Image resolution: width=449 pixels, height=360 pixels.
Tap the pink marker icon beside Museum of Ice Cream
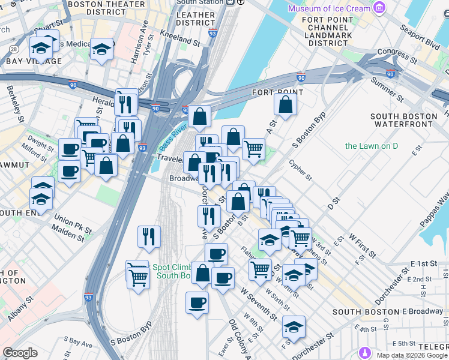pyautogui.click(x=379, y=8)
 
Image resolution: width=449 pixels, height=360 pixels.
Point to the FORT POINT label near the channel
pyautogui.click(x=277, y=92)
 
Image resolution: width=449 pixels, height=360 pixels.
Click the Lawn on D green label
pyautogui.click(x=372, y=146)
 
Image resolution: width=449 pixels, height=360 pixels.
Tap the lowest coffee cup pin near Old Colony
pyautogui.click(x=196, y=302)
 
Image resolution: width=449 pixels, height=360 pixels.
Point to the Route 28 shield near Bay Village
pyautogui.click(x=13, y=48)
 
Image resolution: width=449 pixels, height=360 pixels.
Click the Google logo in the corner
pyautogui.click(x=20, y=353)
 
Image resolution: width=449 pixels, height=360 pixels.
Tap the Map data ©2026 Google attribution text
pyautogui.click(x=411, y=355)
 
